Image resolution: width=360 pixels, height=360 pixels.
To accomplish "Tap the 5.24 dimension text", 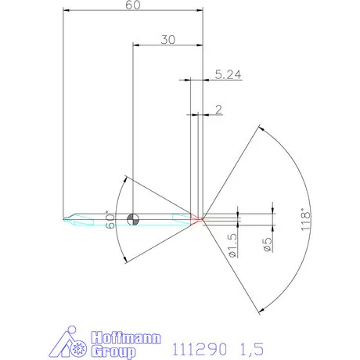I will [x=226, y=75].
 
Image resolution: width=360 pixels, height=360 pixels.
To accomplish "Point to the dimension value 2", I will [x=217, y=108].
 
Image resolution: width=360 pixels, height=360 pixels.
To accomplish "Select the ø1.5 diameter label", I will [x=232, y=244].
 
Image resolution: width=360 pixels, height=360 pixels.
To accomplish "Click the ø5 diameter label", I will [x=268, y=243].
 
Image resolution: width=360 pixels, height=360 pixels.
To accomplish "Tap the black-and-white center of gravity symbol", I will [x=135, y=218].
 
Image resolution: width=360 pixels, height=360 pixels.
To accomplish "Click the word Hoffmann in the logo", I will [x=127, y=337].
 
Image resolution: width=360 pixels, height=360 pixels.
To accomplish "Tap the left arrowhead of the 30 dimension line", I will [x=137, y=45].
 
